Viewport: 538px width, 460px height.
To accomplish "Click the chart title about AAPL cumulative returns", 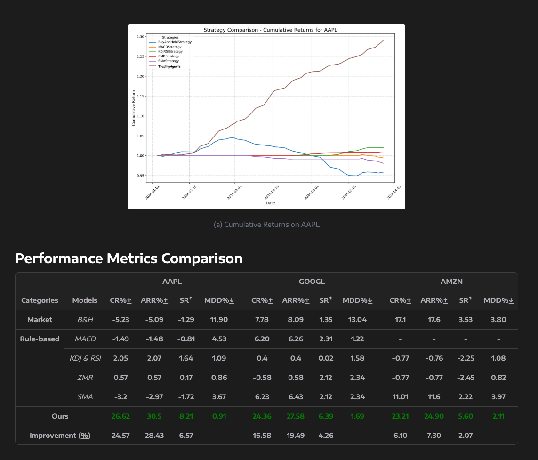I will coord(270,30).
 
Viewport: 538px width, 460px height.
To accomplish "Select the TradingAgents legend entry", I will coord(169,66).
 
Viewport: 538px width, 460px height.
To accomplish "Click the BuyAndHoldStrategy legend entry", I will coord(175,42).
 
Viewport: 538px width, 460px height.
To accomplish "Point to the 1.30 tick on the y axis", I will coord(140,37).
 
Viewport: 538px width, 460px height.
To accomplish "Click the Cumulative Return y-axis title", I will coord(134,108).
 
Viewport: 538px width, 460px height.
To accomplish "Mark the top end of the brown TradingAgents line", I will coord(383,40).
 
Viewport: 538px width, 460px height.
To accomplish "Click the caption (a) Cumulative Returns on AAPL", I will coord(266,225).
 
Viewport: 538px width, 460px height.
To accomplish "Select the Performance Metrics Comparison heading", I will coord(128,258).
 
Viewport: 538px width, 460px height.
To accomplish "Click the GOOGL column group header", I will coord(312,282).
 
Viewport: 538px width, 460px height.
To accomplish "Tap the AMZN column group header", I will coord(452,282).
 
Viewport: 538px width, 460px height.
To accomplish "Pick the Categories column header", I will coord(40,300).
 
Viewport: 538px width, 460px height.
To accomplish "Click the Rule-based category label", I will coord(40,339).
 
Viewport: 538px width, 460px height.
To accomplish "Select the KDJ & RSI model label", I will coord(85,358).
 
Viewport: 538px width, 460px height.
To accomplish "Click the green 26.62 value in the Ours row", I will coord(121,416).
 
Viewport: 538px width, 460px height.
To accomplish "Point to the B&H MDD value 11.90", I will coord(219,320).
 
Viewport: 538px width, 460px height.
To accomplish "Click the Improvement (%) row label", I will coord(60,436).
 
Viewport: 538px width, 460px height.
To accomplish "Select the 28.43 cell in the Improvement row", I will coord(152,436).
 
